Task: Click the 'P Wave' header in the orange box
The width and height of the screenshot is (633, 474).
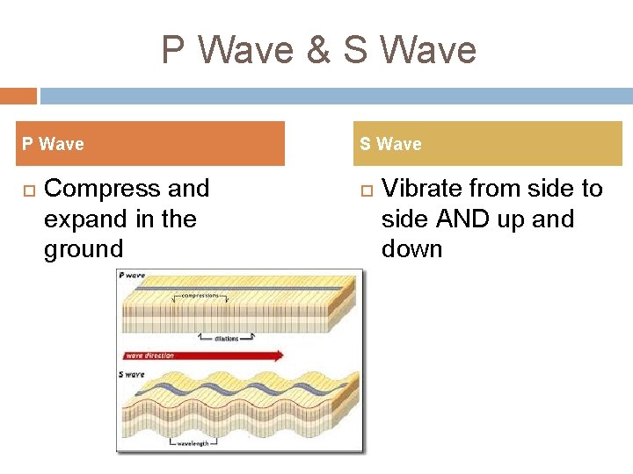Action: pos(53,144)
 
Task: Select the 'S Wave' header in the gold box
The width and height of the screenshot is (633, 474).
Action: pos(390,144)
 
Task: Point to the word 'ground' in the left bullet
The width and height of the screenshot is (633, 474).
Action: pos(84,248)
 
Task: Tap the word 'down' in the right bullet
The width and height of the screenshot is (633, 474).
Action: pos(411,248)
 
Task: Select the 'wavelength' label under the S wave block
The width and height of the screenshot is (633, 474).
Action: pos(194,443)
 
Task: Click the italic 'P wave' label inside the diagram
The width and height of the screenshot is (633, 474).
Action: pos(132,276)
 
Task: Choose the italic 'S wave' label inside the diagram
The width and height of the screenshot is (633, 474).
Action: pos(132,375)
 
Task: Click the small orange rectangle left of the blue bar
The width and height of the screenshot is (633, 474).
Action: pos(18,96)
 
